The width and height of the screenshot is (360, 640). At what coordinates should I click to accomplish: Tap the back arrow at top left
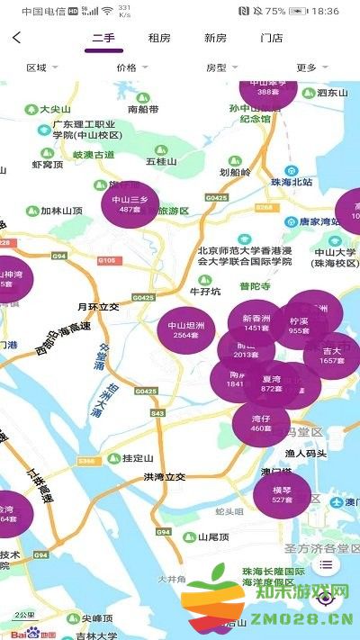tap(17, 38)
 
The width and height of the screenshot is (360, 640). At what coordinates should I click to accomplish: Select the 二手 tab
tap(103, 38)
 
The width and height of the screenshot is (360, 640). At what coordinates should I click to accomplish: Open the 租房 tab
tap(159, 38)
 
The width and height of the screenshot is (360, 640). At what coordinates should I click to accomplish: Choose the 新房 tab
tap(215, 38)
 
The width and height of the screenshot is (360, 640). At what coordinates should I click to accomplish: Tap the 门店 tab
tap(271, 38)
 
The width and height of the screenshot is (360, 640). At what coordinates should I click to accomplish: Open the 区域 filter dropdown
tap(41, 68)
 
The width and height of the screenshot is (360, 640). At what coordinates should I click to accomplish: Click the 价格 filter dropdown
tap(131, 68)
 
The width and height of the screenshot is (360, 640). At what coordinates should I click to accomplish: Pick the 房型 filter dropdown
tap(221, 68)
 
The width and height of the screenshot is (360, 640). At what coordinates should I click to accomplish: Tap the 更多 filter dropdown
tap(311, 68)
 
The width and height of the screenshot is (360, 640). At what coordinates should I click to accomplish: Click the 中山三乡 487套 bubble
tap(130, 204)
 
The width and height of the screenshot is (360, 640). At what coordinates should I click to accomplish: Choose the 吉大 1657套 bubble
tap(332, 355)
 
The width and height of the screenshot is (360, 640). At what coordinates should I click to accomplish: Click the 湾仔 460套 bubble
tap(261, 422)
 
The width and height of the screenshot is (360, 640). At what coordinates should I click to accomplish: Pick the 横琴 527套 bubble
tap(282, 494)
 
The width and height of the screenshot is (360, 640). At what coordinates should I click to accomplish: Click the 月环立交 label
tap(98, 306)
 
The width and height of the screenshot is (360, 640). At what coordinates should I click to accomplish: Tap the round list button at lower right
tap(326, 565)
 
